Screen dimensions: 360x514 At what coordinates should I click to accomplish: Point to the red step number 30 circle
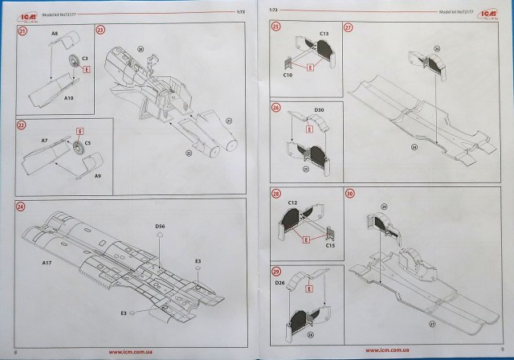[x=348, y=194]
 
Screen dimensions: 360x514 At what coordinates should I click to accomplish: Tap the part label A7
[x=45, y=139]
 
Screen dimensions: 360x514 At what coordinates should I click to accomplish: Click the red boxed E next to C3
[x=85, y=70]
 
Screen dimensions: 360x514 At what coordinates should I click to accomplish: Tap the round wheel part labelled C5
[x=77, y=147]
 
